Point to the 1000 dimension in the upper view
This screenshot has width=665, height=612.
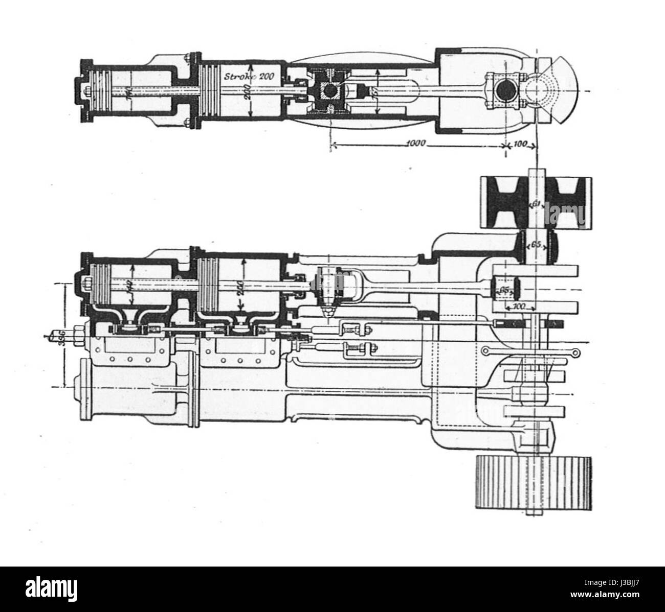pyautogui.click(x=418, y=143)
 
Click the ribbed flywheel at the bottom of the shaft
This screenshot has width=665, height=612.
pyautogui.click(x=534, y=481)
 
